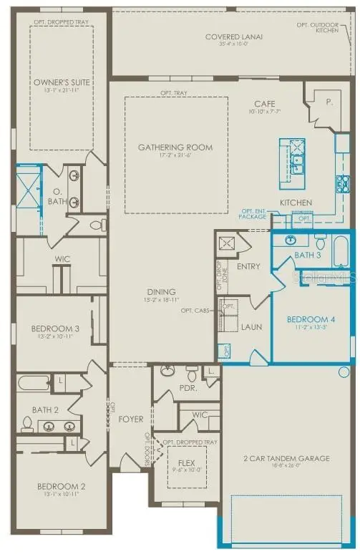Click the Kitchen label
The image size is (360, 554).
(295, 203)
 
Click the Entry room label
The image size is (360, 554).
(248, 266)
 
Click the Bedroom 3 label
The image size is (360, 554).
(54, 329)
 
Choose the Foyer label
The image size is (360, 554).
(131, 419)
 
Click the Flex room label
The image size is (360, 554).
(187, 462)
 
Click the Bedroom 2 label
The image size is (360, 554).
(61, 487)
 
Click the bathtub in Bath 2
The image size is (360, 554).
(34, 382)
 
